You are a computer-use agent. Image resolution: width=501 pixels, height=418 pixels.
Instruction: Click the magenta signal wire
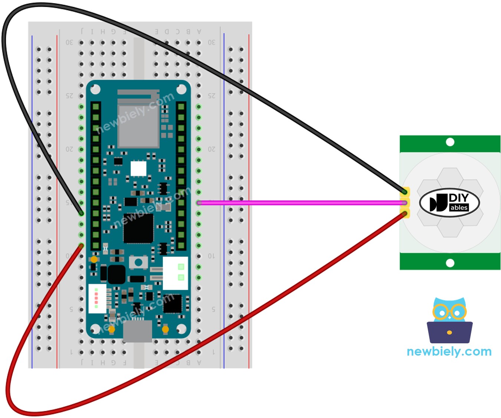[297, 203]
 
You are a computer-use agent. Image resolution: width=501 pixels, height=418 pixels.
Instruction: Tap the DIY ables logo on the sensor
[449, 203]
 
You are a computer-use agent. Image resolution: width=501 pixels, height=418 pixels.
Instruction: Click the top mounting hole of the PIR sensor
[450, 142]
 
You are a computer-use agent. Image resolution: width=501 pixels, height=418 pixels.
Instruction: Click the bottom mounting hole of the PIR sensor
[450, 263]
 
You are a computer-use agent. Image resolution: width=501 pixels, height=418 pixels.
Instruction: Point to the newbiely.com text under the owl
[449, 351]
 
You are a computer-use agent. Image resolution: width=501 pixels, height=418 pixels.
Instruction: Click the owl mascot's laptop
[449, 332]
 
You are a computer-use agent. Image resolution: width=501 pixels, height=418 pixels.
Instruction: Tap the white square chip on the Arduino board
[138, 169]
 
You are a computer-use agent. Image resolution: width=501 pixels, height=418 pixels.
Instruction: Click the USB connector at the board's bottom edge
[138, 331]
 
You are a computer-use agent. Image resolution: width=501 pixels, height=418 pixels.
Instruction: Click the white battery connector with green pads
[176, 273]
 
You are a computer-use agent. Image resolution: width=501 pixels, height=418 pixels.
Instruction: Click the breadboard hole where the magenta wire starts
[199, 203]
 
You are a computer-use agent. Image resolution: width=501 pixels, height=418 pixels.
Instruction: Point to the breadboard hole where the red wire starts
[81, 246]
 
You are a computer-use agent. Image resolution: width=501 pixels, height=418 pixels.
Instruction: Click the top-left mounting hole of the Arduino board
[95, 89]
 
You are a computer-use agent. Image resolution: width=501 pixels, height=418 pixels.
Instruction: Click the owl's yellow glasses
[449, 312]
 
